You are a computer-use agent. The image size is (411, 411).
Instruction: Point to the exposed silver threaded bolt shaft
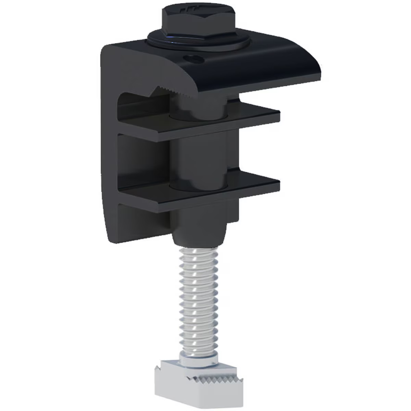[199, 295]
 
